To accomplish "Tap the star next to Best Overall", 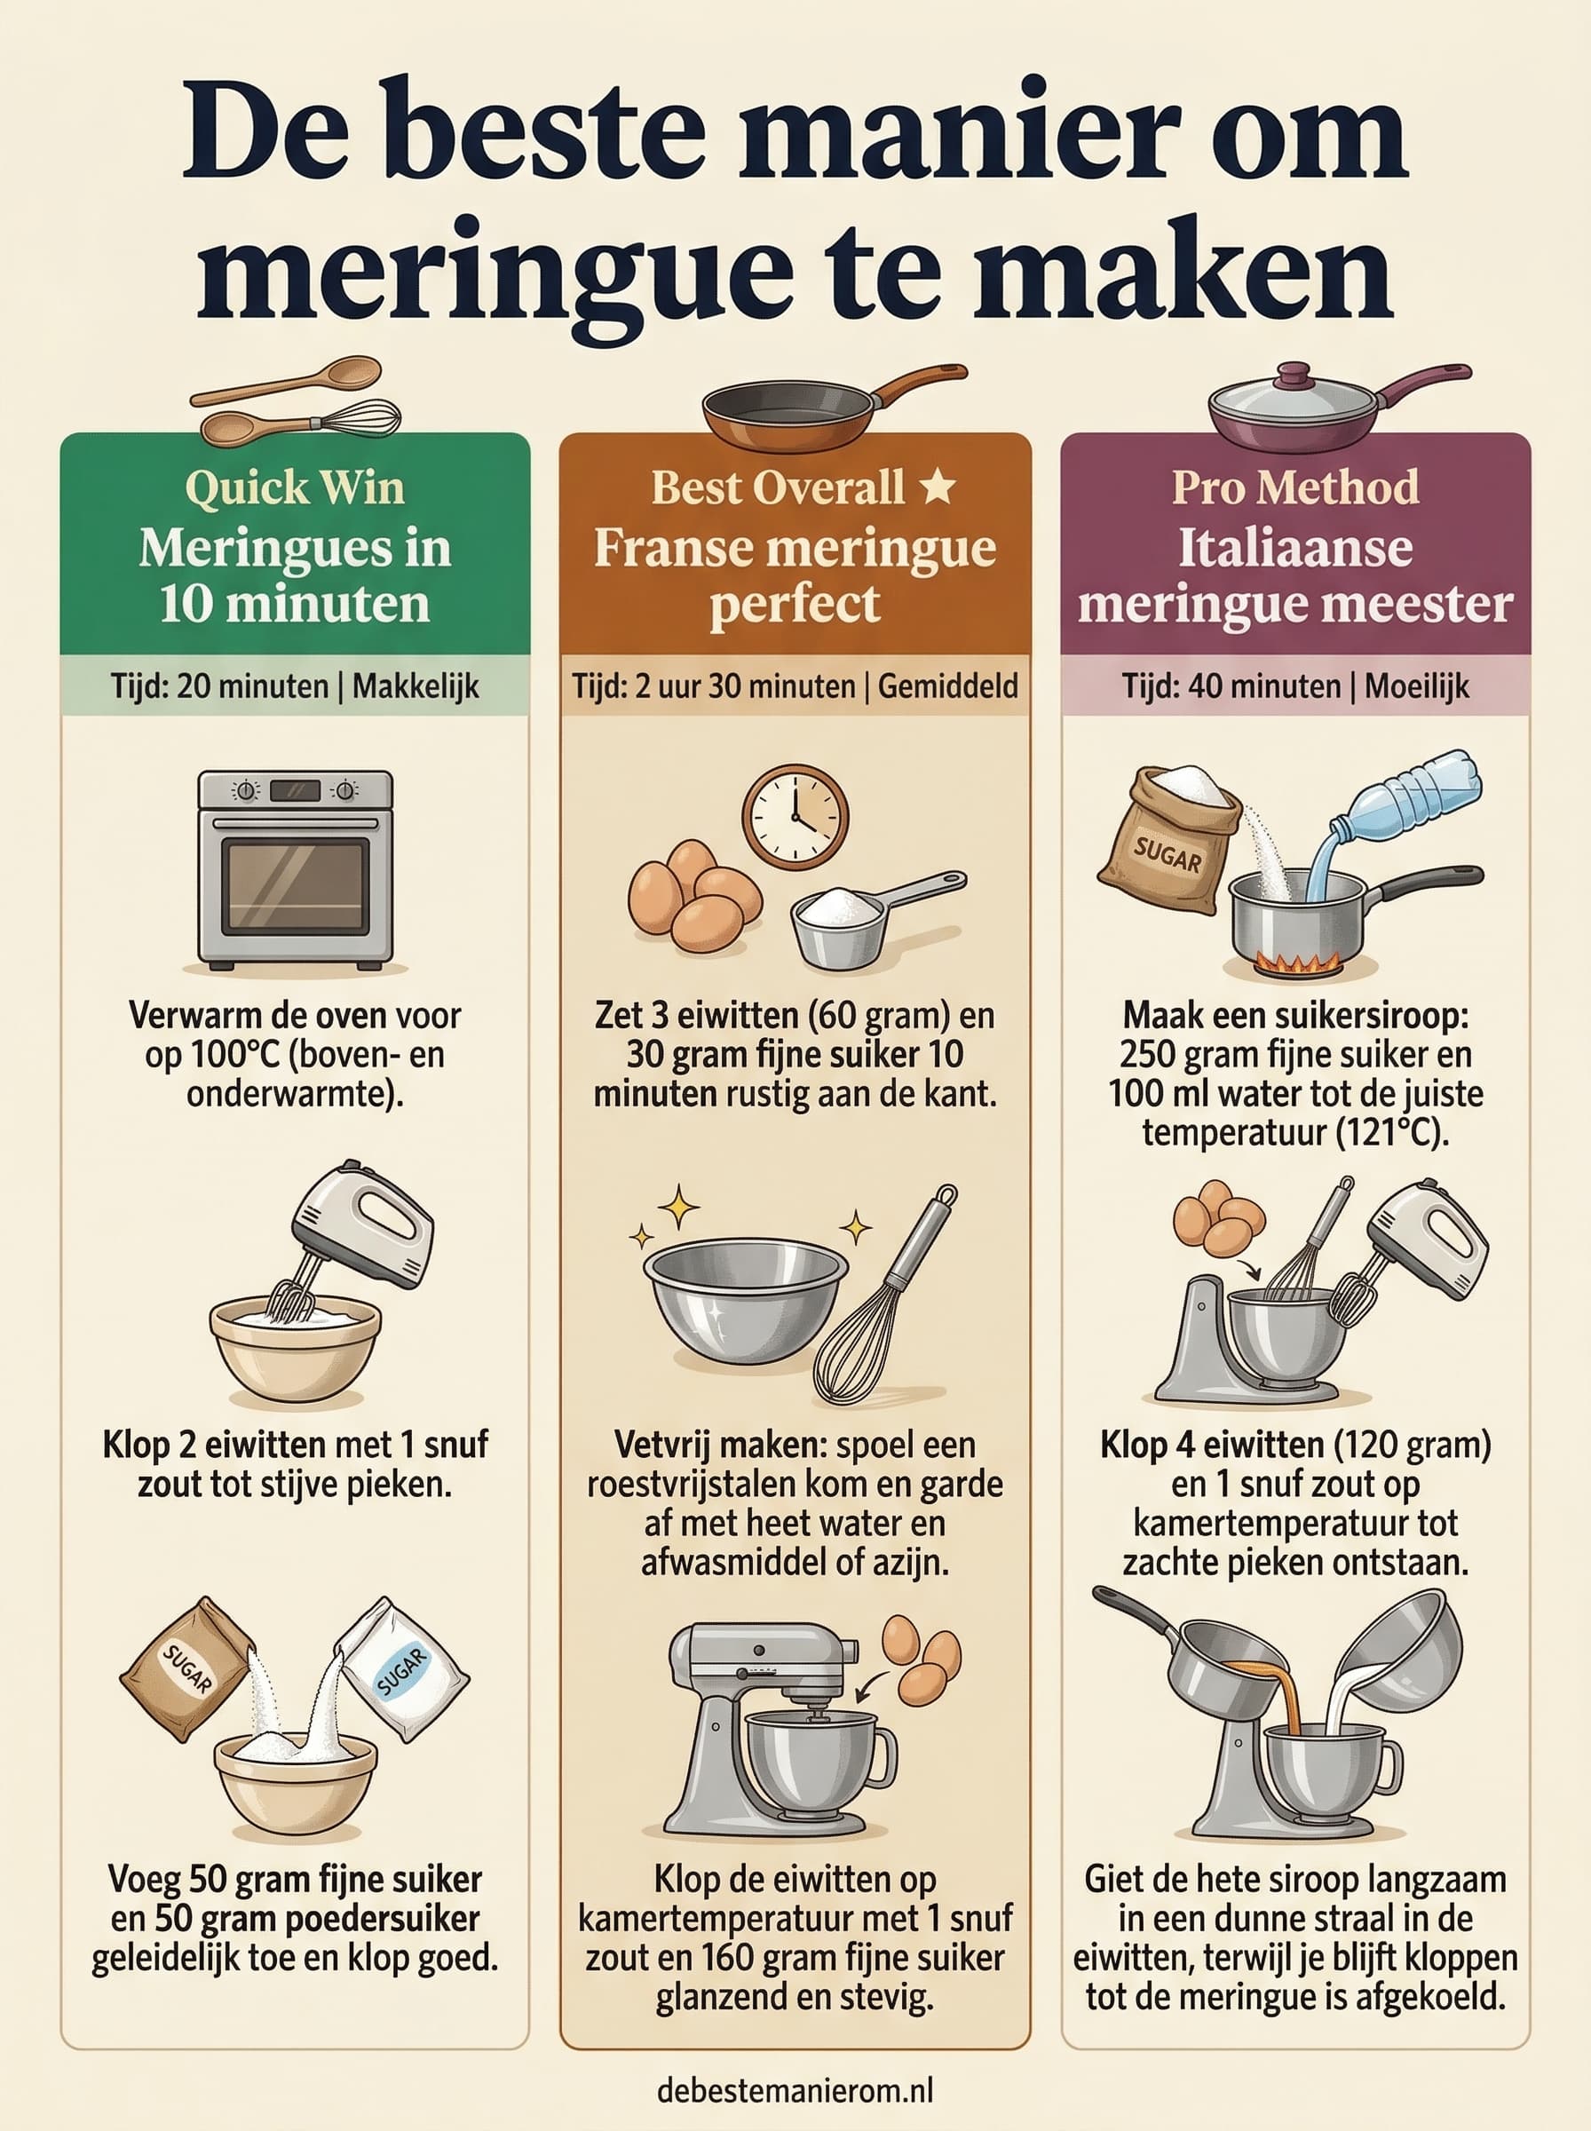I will click(937, 487).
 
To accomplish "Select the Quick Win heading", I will click(295, 487).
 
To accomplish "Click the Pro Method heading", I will click(1295, 487).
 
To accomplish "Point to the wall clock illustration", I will click(795, 817).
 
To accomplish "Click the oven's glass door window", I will click(295, 885).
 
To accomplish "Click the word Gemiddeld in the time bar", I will click(947, 686).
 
